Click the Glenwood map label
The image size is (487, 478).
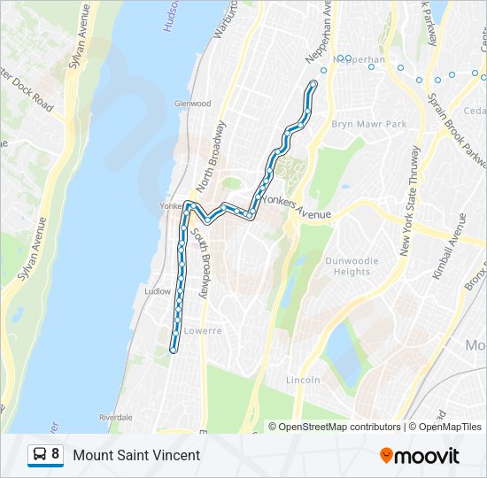[x=193, y=103]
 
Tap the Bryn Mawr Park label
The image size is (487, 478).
[x=368, y=125]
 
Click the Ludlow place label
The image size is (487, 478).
[x=157, y=290]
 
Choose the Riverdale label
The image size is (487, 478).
[x=116, y=416]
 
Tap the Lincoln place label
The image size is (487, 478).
[x=303, y=380]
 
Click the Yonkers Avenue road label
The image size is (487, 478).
[x=298, y=213]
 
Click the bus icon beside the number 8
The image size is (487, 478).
[x=39, y=455]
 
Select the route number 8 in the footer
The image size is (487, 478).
[x=56, y=455]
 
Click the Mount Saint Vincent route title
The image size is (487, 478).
[x=136, y=455]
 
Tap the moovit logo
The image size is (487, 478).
[x=419, y=456]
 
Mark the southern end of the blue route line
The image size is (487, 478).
[x=173, y=350]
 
